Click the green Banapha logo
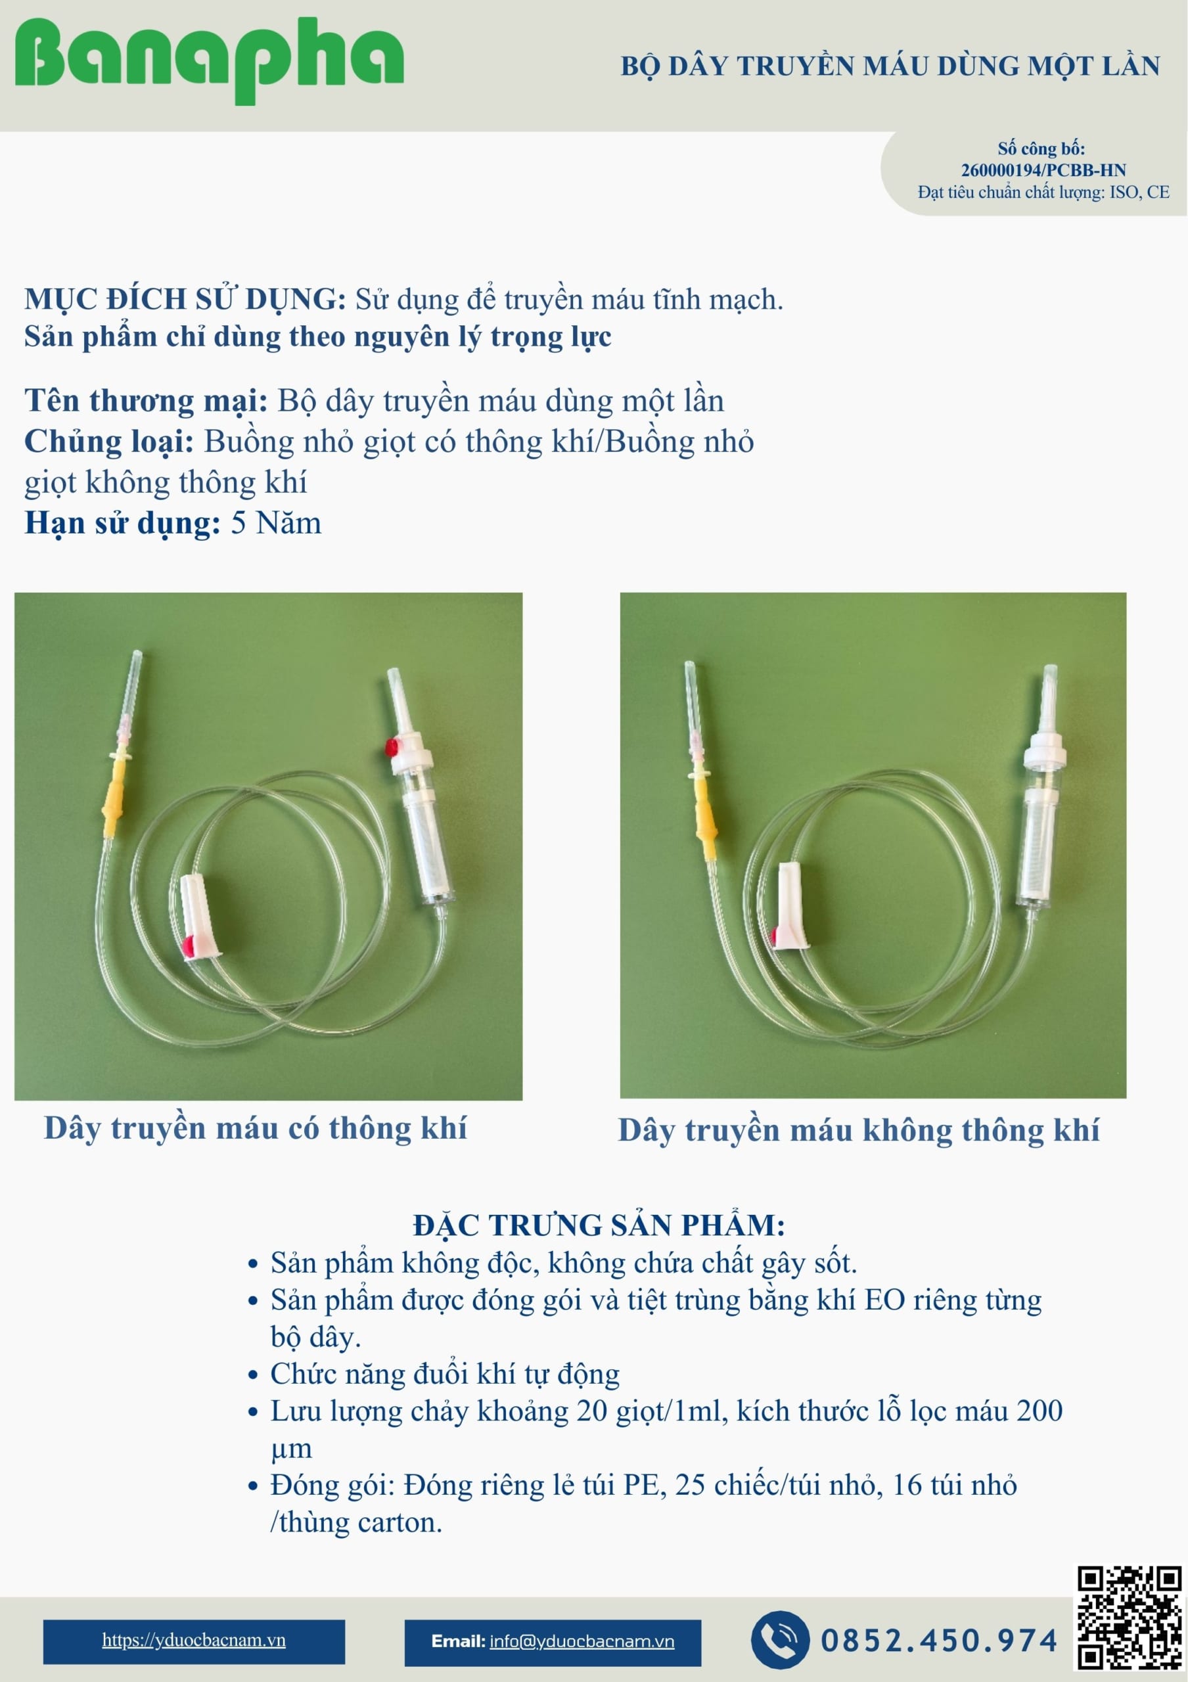pyautogui.click(x=210, y=58)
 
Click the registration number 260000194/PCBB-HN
pyautogui.click(x=1043, y=170)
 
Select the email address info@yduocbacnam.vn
pyautogui.click(x=582, y=1641)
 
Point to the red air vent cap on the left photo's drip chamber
pyautogui.click(x=392, y=747)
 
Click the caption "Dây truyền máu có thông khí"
pyautogui.click(x=255, y=1127)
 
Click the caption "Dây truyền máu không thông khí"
pyautogui.click(x=858, y=1129)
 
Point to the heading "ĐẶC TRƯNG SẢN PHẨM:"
pyautogui.click(x=599, y=1225)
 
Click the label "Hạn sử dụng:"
pyautogui.click(x=122, y=523)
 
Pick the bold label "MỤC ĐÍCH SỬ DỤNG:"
pyautogui.click(x=185, y=299)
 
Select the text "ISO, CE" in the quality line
pyautogui.click(x=1139, y=192)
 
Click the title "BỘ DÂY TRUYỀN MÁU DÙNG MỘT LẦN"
pyautogui.click(x=890, y=66)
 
